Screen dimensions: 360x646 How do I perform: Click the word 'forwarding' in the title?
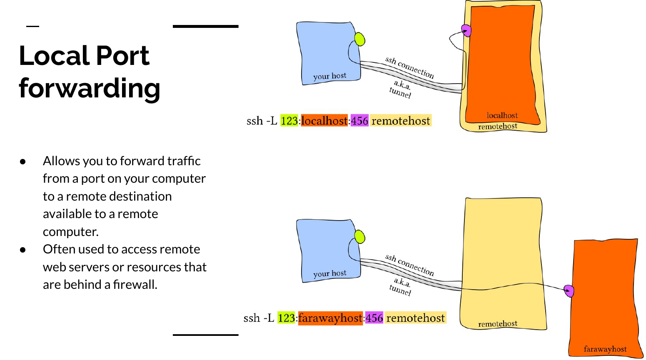pos(89,88)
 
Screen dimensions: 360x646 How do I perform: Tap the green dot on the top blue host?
pos(360,40)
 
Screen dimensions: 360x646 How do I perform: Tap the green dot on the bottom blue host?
pos(360,237)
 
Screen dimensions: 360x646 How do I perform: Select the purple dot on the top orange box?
pos(466,30)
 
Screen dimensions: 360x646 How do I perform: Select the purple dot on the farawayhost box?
pos(569,290)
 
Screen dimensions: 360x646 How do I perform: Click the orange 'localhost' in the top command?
pos(324,121)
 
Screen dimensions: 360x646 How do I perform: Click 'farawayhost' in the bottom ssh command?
pos(330,318)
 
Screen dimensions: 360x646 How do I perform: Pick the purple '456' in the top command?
pos(359,121)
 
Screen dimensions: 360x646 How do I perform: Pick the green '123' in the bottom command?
pos(286,318)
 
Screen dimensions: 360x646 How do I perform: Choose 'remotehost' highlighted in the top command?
pos(401,121)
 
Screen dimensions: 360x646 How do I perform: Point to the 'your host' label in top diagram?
pos(330,76)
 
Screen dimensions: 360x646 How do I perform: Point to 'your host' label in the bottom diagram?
pos(330,273)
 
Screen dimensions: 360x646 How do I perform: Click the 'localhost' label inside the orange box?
pos(502,115)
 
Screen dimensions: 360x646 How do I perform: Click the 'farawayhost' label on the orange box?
pos(605,349)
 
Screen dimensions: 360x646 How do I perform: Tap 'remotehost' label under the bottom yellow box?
pos(498,323)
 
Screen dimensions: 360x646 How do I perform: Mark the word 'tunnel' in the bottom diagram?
pos(400,290)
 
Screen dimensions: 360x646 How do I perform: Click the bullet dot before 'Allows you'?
pos(23,161)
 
